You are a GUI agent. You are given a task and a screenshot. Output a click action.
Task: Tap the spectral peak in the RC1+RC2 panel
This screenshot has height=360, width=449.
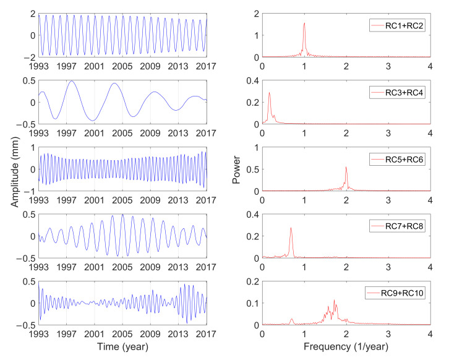pyautogui.click(x=304, y=24)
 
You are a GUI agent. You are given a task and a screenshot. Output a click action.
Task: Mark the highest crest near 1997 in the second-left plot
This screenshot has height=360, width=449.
pyautogui.click(x=72, y=81)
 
